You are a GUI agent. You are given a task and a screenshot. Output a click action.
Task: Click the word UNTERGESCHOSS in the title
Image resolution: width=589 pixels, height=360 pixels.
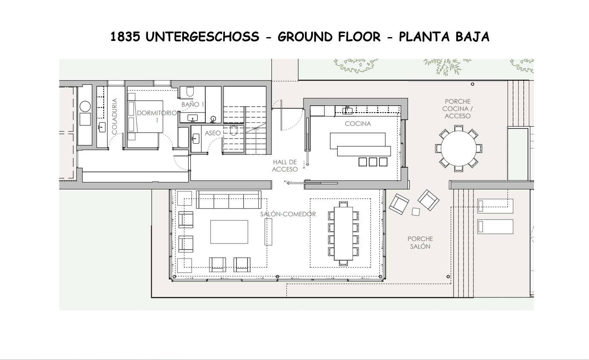202,37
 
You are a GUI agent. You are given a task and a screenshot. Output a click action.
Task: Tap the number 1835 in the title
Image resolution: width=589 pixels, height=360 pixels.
125,37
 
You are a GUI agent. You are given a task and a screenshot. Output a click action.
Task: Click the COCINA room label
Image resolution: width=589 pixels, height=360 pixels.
358,124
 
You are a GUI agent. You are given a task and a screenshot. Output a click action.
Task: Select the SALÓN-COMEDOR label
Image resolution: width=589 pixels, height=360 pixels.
288,214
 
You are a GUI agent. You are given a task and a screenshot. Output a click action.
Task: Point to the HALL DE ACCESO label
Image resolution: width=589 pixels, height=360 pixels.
285,165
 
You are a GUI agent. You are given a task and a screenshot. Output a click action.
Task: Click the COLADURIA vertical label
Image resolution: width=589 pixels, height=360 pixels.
114,116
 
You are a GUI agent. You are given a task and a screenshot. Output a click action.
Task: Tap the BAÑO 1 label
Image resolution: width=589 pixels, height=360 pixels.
193,105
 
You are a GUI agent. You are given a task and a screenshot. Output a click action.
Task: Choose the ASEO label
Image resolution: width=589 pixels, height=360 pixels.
213,133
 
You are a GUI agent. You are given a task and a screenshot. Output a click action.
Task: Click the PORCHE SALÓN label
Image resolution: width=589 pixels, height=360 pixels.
420,243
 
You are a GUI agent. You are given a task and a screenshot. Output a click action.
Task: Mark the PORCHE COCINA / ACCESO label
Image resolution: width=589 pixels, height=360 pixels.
458,108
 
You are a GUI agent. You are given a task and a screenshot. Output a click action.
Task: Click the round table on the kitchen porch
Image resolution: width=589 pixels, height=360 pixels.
458,148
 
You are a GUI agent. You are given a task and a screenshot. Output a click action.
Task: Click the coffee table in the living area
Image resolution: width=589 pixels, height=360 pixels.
229,232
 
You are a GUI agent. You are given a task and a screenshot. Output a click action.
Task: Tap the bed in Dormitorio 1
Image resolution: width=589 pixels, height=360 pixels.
146,116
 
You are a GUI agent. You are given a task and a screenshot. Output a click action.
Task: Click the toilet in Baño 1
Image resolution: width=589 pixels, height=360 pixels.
190,92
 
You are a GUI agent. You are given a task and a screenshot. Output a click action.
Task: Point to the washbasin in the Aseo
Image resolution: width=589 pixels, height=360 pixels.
195,139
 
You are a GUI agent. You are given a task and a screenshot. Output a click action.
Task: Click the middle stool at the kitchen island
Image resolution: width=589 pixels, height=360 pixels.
373,162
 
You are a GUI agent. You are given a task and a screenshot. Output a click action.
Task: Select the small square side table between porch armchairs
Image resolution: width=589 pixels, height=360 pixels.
416,212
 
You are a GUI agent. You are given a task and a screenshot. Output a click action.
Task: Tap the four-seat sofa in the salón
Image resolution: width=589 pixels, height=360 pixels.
229,200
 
